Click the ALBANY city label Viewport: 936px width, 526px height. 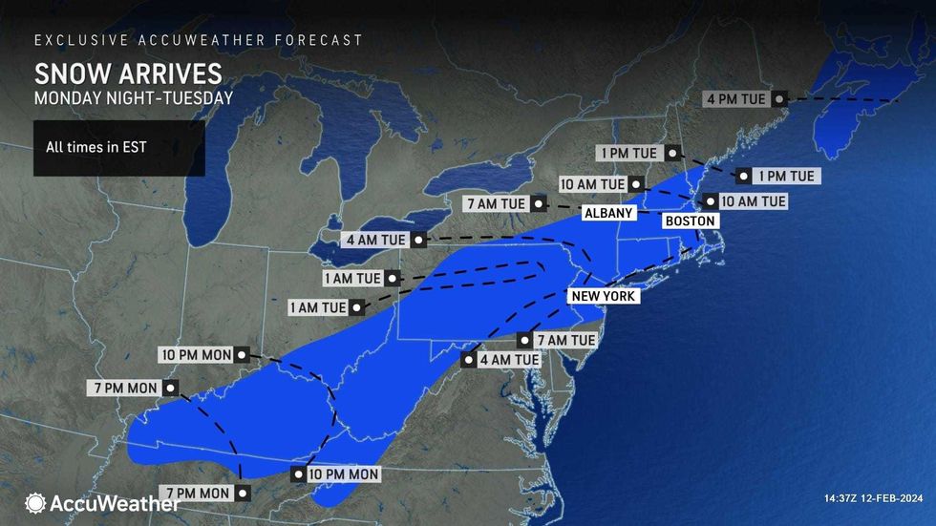click(x=604, y=212)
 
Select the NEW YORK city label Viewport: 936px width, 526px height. click(x=603, y=297)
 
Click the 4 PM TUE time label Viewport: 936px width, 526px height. click(x=737, y=98)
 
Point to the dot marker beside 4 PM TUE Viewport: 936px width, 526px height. click(x=779, y=98)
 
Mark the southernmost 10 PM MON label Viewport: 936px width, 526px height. click(x=345, y=474)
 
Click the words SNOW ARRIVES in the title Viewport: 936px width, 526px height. click(x=128, y=74)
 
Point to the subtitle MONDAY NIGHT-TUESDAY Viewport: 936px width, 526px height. click(x=133, y=97)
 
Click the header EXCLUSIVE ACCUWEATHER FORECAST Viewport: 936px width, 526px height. click(x=198, y=40)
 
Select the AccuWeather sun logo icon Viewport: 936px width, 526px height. click(x=35, y=503)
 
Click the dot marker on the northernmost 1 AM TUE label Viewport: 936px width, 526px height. click(x=390, y=279)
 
